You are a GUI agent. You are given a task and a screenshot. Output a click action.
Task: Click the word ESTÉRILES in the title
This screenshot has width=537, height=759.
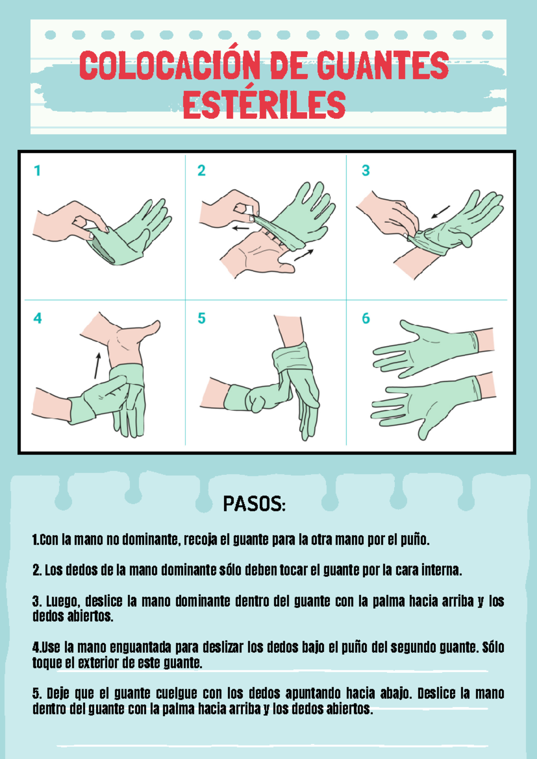(x=264, y=105)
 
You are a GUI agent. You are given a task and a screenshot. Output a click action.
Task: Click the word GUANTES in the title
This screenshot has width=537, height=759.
(x=383, y=66)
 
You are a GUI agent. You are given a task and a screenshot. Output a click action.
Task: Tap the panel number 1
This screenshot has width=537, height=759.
(x=38, y=171)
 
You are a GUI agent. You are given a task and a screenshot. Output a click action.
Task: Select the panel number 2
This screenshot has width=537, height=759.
(x=201, y=171)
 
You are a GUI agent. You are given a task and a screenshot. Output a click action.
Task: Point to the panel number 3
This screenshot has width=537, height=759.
(x=366, y=171)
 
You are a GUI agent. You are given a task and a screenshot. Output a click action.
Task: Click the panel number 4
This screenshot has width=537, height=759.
(x=38, y=318)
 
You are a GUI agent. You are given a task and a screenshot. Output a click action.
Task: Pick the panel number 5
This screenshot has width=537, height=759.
(x=201, y=318)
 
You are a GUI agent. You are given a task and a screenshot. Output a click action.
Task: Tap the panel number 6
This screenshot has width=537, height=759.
(x=366, y=318)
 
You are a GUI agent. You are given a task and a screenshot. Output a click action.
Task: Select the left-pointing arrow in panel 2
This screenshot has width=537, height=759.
(x=240, y=228)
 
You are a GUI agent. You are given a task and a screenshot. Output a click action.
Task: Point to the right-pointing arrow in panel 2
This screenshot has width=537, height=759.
(x=304, y=255)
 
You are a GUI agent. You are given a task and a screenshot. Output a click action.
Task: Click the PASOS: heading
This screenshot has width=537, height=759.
(x=254, y=504)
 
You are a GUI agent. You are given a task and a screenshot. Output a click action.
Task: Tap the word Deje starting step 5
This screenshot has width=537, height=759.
(x=58, y=693)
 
